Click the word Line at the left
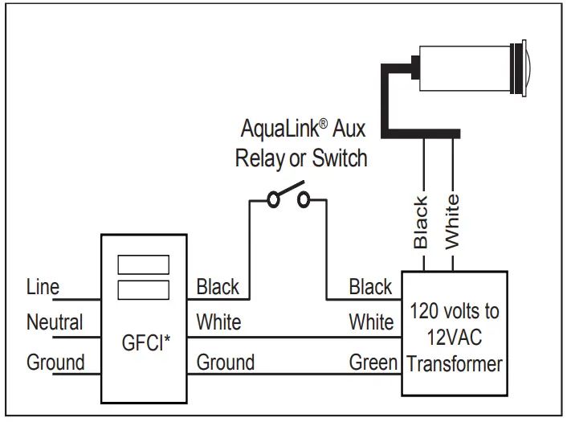point(43,287)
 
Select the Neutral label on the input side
point(55,323)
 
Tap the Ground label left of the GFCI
point(55,363)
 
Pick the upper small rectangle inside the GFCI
point(143,264)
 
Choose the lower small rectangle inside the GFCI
point(143,289)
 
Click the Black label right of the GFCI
point(218,287)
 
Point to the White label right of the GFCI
point(218,323)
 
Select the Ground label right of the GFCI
point(226,363)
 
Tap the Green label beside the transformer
point(373,363)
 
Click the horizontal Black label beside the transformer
point(370,287)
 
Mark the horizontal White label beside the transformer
point(371,323)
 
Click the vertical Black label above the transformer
point(421,222)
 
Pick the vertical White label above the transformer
point(453,222)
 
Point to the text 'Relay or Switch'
point(301,158)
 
